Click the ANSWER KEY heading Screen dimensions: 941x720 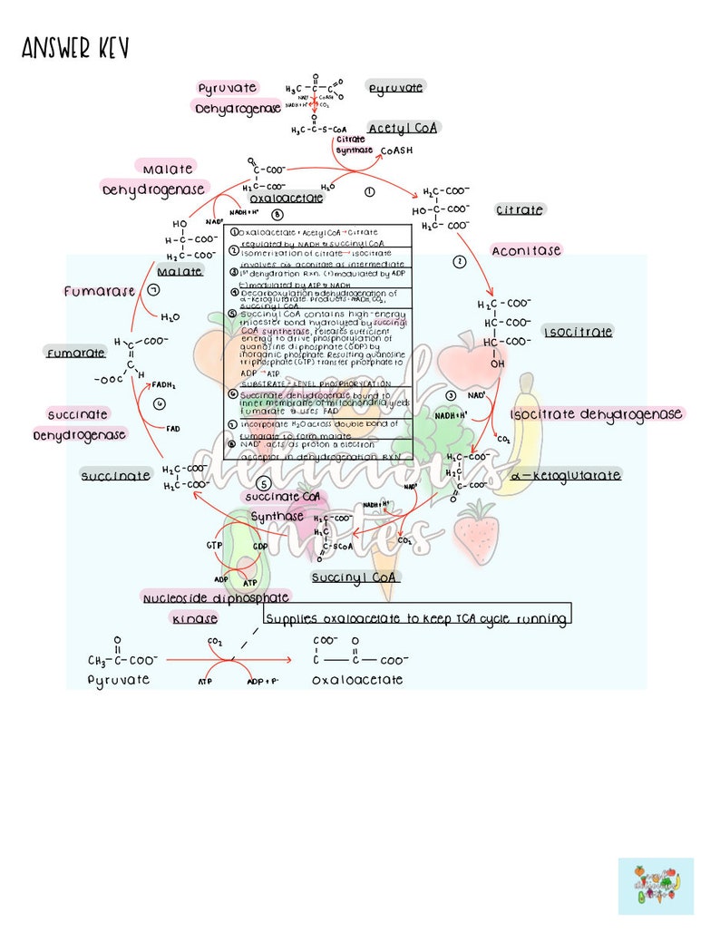point(75,49)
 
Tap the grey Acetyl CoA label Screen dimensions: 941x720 point(403,128)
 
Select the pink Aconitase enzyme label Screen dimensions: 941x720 point(526,250)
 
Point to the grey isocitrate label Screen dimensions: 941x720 point(578,332)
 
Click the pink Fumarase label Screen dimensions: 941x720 point(99,291)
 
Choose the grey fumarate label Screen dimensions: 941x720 point(75,353)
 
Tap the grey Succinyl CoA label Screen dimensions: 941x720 point(355,577)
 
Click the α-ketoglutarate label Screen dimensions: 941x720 point(566,475)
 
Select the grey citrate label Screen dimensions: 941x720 point(520,209)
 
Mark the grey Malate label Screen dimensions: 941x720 point(180,271)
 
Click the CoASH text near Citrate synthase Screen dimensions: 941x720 point(396,150)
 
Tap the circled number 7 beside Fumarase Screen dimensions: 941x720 point(154,290)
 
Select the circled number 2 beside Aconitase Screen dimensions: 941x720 point(459,262)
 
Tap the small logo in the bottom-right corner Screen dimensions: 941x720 point(656,886)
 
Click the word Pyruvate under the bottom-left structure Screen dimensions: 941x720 point(119,679)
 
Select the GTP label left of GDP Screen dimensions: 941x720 point(214,547)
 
